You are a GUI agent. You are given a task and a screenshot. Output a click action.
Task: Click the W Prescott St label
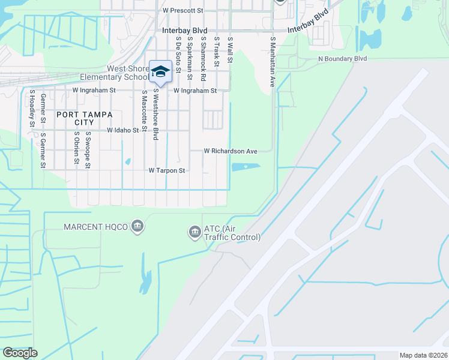point(183,11)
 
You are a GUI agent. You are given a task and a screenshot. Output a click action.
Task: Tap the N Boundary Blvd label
point(342,59)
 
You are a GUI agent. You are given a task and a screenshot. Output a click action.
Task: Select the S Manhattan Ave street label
point(272,61)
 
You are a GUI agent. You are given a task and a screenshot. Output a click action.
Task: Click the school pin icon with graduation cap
point(160,71)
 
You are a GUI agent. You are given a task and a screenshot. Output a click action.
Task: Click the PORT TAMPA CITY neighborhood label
point(76,118)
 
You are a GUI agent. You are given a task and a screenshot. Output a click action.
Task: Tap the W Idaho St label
point(123,130)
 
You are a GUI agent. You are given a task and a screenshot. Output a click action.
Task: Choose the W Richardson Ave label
point(231,151)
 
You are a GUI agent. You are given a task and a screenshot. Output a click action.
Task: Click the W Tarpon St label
point(167,171)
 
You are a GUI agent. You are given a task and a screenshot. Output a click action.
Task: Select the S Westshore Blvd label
point(155,115)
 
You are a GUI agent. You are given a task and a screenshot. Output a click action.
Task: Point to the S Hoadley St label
point(32,109)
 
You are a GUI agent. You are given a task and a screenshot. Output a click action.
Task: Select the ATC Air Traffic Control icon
point(194,232)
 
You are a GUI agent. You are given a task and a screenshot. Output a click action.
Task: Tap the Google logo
point(20,353)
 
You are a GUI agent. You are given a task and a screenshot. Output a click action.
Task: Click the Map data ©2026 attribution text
point(423,355)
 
